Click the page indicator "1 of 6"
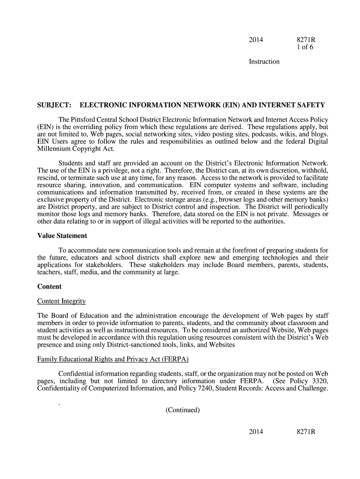coord(305,47)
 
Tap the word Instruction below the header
coord(264,62)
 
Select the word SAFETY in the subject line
coord(311,105)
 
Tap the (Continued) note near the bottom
coord(182,410)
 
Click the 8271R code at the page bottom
coord(306,431)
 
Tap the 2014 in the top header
coord(256,40)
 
